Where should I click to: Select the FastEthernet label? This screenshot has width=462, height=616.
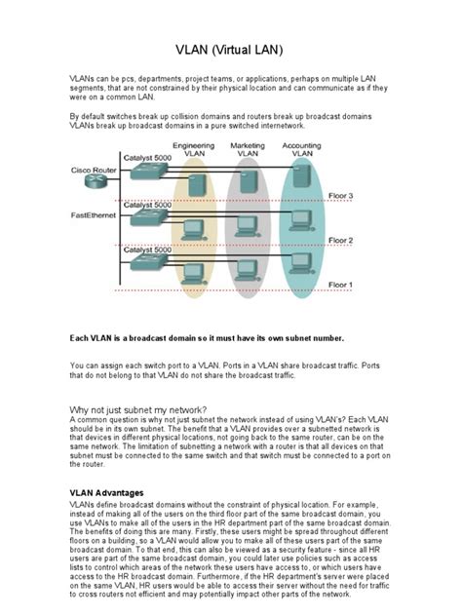click(93, 213)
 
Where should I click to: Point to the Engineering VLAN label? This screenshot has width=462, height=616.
click(199, 149)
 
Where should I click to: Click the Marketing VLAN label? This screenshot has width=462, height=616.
click(248, 149)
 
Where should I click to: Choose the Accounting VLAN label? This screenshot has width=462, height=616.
click(302, 149)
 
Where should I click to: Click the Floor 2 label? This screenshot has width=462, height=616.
click(340, 241)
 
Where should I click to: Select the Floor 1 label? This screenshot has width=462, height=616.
click(340, 285)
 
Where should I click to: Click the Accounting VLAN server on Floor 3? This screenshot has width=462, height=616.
click(302, 178)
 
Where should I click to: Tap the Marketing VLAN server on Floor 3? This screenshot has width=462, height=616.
click(248, 180)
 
